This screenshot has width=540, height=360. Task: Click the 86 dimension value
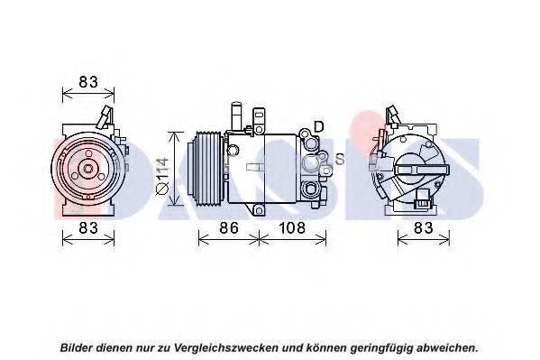[x=229, y=227]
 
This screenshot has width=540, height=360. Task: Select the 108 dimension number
[x=292, y=227]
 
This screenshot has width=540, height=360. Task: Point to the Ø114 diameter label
[x=162, y=176]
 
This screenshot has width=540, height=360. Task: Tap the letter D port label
[x=319, y=126]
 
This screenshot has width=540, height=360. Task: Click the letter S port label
[x=340, y=159]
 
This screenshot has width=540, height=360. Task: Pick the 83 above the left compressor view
[x=88, y=82]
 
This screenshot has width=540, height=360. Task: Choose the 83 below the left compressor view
[x=88, y=227]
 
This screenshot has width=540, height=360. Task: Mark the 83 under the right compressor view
[x=423, y=227]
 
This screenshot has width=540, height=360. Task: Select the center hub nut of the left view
[x=88, y=169]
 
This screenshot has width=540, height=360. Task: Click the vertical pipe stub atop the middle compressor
[x=236, y=115]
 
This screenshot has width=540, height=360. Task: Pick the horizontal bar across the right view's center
[x=423, y=170]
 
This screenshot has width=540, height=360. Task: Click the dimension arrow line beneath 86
[x=229, y=238]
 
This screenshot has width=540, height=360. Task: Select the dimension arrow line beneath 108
[x=292, y=238]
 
